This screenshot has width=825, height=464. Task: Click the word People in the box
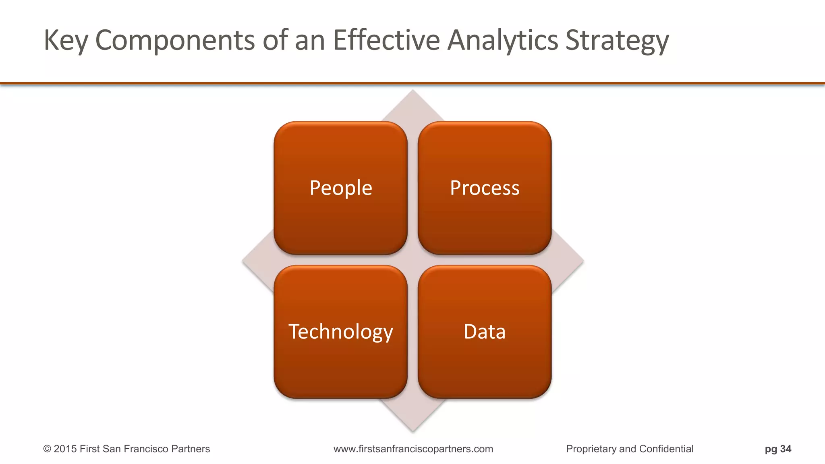click(341, 188)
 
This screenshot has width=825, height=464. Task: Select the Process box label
click(485, 188)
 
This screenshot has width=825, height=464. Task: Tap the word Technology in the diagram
click(341, 332)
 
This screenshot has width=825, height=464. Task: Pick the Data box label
click(485, 332)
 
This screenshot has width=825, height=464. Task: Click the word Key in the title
click(65, 40)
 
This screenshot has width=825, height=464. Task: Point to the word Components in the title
click(175, 40)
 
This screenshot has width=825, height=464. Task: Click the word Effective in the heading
click(386, 40)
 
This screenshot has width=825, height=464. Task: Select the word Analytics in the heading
click(503, 40)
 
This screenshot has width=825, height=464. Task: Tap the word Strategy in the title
click(617, 40)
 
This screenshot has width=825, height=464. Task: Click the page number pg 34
click(778, 449)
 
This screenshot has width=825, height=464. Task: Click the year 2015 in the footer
click(65, 449)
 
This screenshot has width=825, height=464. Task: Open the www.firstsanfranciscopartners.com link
click(413, 449)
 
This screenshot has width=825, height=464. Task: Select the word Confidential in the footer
click(666, 449)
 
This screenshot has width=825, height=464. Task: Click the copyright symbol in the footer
click(47, 449)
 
